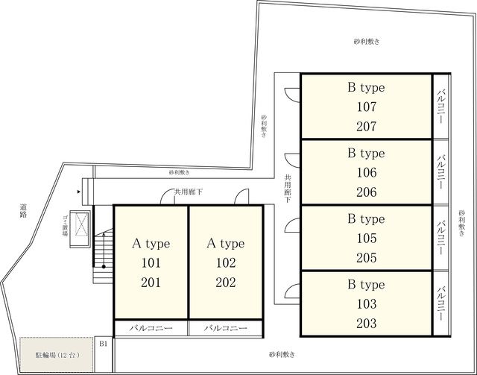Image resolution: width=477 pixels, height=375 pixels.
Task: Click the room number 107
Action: (367, 107)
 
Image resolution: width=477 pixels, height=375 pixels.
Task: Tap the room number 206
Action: (367, 192)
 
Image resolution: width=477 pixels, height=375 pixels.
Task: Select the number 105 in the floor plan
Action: (367, 239)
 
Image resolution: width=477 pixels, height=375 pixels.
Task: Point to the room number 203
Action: (367, 324)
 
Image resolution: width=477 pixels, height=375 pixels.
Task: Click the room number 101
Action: (151, 263)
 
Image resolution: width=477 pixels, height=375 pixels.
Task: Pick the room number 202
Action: (226, 283)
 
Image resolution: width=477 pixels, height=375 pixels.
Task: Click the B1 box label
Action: (104, 344)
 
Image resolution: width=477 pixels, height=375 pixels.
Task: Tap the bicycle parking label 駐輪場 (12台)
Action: (57, 355)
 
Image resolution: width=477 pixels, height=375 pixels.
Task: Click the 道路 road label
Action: (23, 211)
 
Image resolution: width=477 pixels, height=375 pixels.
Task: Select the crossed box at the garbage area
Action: (81, 224)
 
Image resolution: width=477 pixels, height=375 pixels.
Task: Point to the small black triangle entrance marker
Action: (79, 192)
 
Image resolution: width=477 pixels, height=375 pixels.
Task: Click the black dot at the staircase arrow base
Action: (104, 267)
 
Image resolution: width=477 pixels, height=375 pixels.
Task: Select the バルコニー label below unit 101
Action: (151, 328)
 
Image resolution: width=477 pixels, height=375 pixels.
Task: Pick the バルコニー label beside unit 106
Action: (441, 171)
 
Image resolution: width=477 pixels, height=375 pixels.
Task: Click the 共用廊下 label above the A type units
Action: (189, 192)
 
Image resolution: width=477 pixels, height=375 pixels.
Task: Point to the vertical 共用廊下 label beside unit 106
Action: (288, 189)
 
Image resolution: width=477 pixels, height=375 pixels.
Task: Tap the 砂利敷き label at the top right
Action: (367, 42)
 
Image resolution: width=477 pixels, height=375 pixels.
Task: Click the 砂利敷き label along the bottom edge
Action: (282, 355)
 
